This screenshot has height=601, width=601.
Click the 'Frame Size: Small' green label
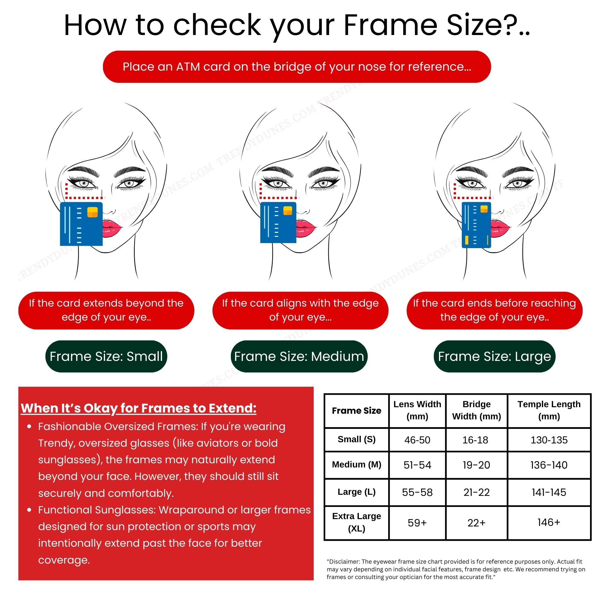pos(106,356)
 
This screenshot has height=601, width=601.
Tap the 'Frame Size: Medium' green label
pos(299,356)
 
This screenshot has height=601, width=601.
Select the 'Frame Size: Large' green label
pos(494,356)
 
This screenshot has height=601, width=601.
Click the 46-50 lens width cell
pos(417,440)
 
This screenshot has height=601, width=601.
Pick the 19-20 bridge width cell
pos(476,465)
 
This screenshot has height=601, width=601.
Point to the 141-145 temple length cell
pos(549,492)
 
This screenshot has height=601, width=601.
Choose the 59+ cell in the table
pos(417,523)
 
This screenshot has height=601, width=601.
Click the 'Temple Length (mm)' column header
pos(549,410)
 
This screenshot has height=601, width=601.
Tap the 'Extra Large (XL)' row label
pos(356,522)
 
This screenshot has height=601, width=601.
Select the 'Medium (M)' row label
pos(356,464)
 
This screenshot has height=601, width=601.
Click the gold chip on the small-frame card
pos(92,212)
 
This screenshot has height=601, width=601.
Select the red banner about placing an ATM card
pos(297,66)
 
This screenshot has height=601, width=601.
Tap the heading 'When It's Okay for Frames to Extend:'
pos(138,408)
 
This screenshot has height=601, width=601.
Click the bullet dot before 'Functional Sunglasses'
pos(29,510)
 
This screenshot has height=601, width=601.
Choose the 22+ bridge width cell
pos(476,523)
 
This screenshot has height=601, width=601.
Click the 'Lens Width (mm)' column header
pos(417,410)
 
